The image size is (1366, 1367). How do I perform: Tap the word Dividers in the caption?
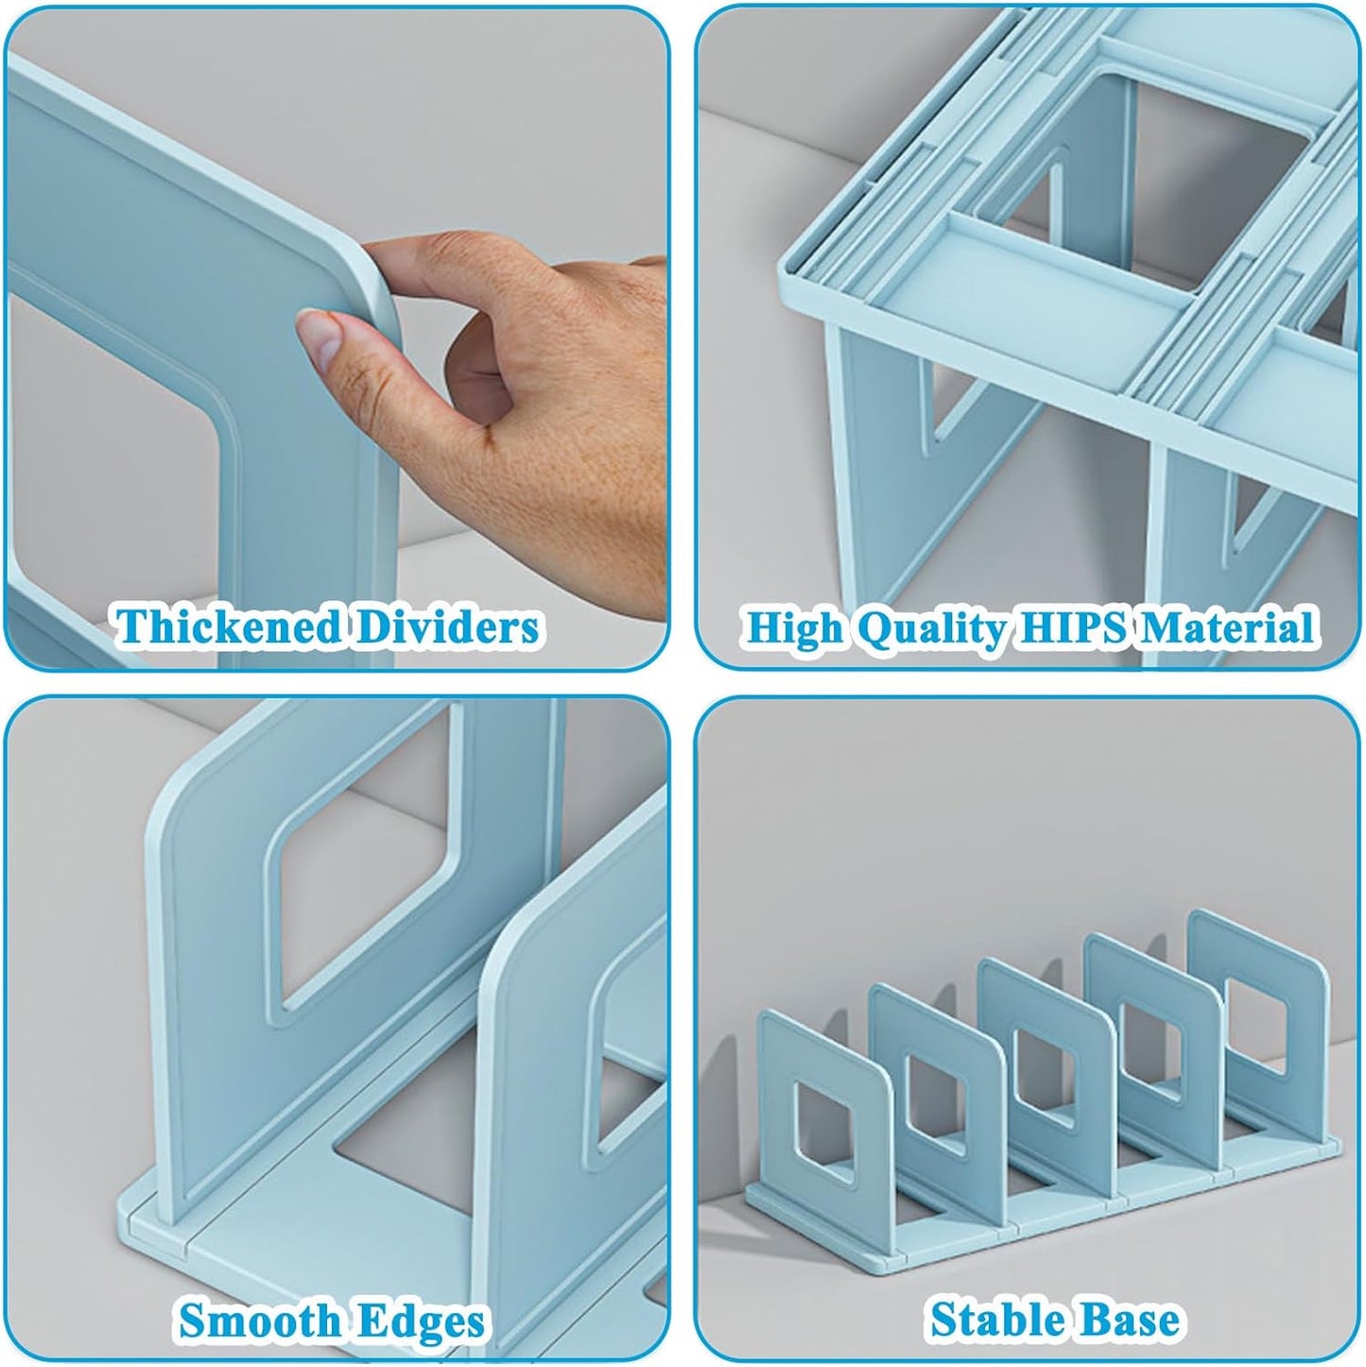pyautogui.click(x=446, y=628)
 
